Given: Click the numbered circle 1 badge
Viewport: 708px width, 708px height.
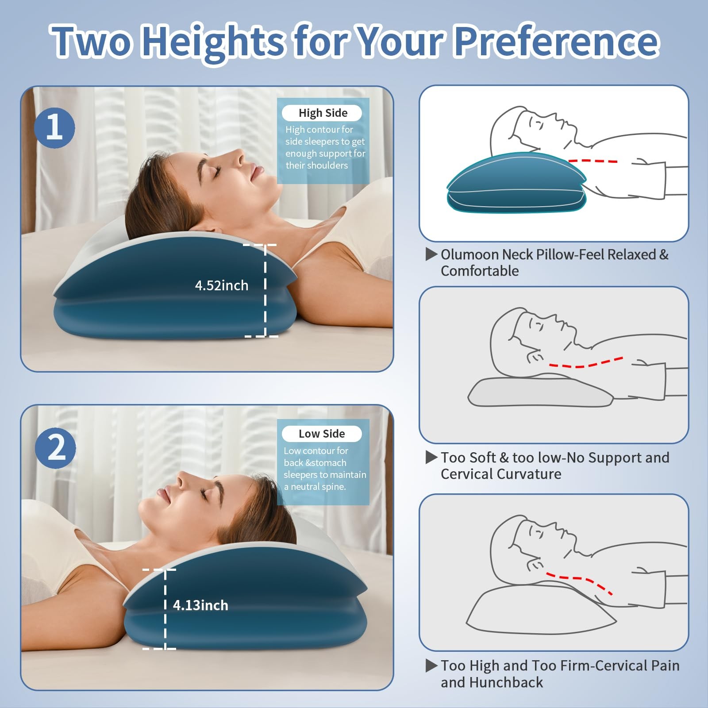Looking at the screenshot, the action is click(54, 128).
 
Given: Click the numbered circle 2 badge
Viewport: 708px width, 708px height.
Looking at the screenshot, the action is click(55, 448).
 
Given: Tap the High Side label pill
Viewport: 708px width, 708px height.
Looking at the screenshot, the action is click(322, 113).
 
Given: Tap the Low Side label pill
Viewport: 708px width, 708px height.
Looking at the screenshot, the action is click(322, 434).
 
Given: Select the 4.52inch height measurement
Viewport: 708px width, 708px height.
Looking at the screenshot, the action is click(222, 285).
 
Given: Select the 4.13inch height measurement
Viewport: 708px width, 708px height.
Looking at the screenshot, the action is click(200, 605).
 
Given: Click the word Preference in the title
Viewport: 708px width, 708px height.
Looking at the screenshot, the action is click(557, 41).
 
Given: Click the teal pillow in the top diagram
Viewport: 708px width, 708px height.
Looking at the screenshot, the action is click(517, 182).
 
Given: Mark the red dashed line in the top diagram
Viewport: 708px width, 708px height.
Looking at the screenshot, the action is click(593, 161).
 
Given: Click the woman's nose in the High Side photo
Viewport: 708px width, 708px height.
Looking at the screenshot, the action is click(237, 156).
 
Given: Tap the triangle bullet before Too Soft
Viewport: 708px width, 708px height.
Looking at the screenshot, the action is click(431, 458).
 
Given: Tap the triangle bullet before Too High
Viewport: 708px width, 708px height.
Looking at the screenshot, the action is click(431, 666).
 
